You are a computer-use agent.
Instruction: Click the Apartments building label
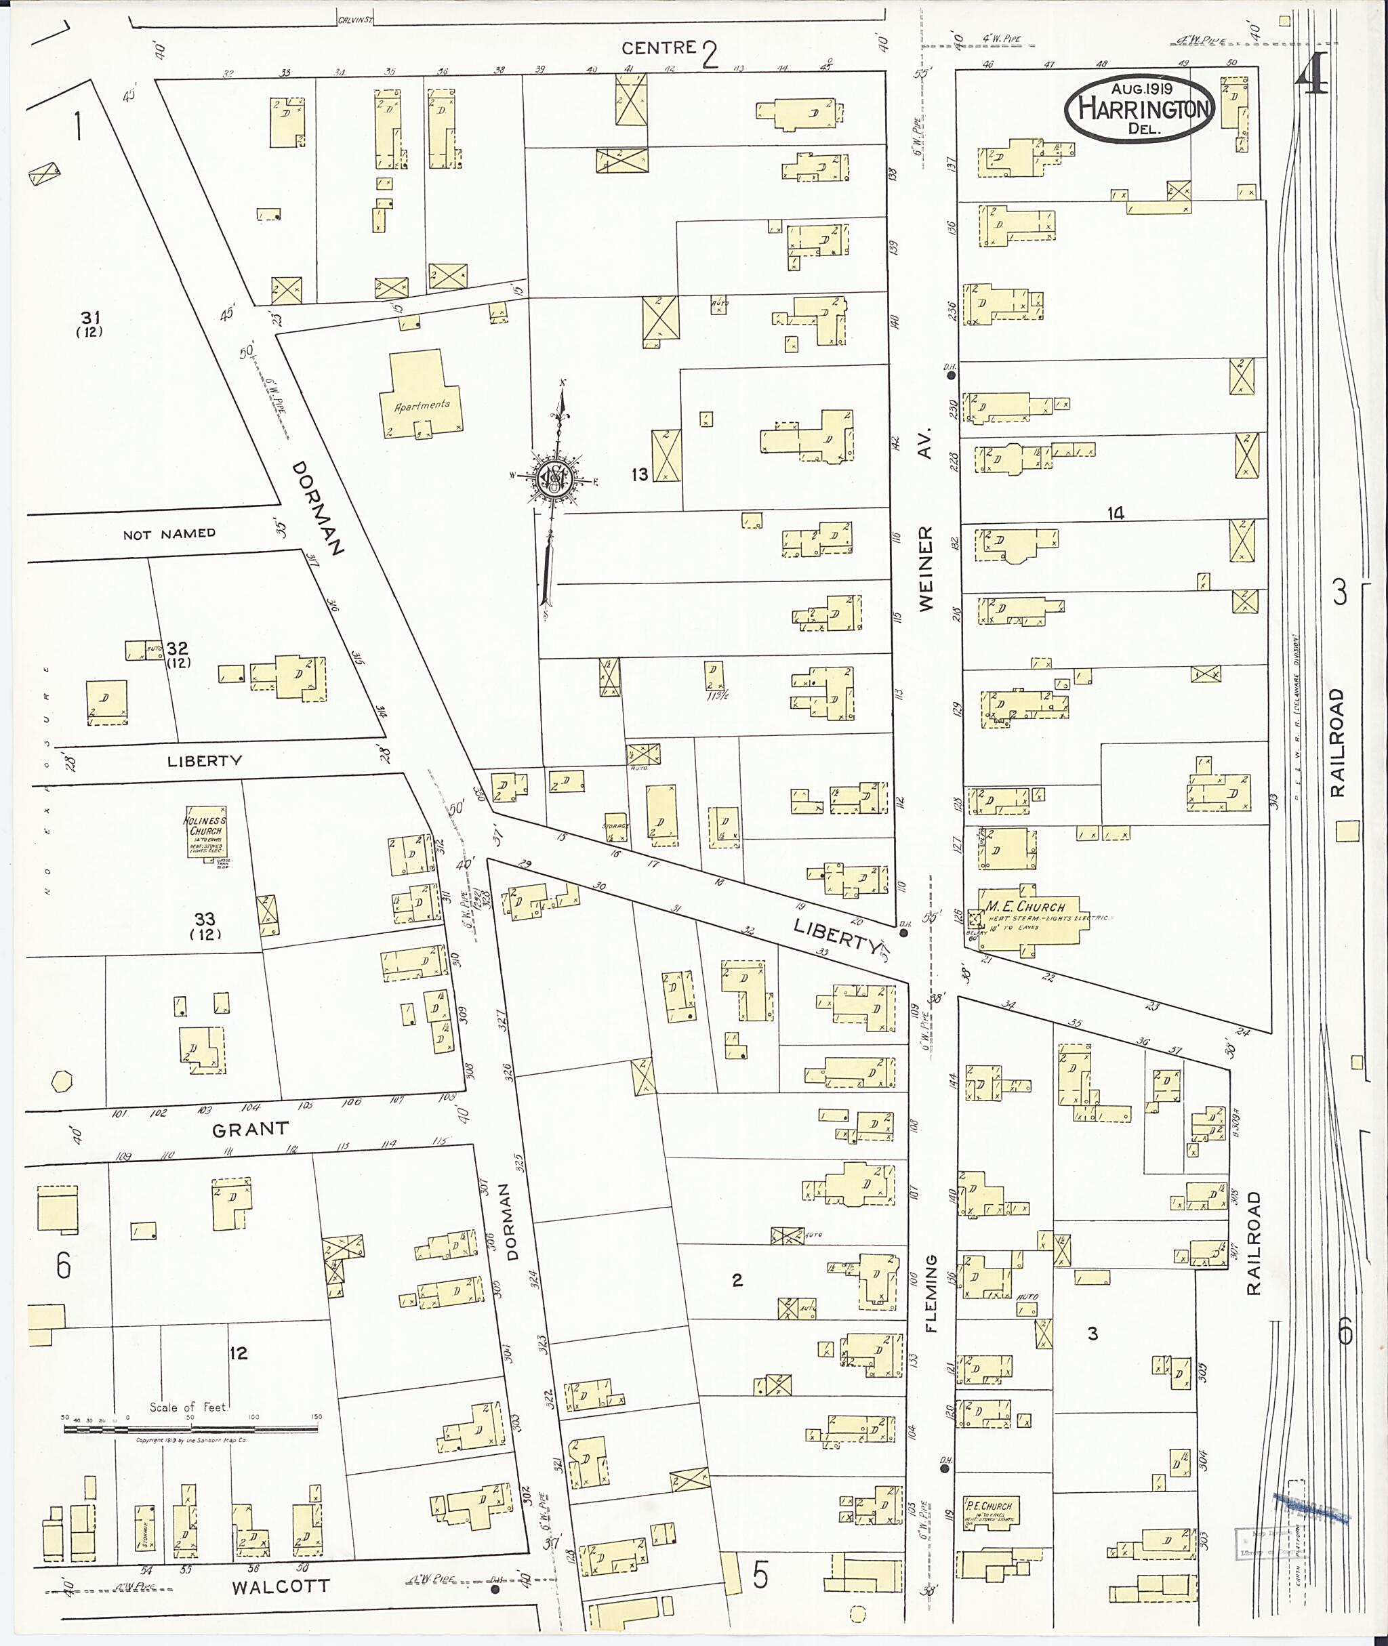tap(422, 405)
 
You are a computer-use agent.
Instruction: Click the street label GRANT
tap(250, 1129)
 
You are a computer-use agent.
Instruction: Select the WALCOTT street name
tap(280, 1586)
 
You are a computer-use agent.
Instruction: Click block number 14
tap(1115, 514)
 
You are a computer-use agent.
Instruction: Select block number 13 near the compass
tap(640, 474)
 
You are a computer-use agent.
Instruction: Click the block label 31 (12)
tap(91, 323)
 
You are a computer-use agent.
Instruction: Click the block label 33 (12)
tap(205, 925)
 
